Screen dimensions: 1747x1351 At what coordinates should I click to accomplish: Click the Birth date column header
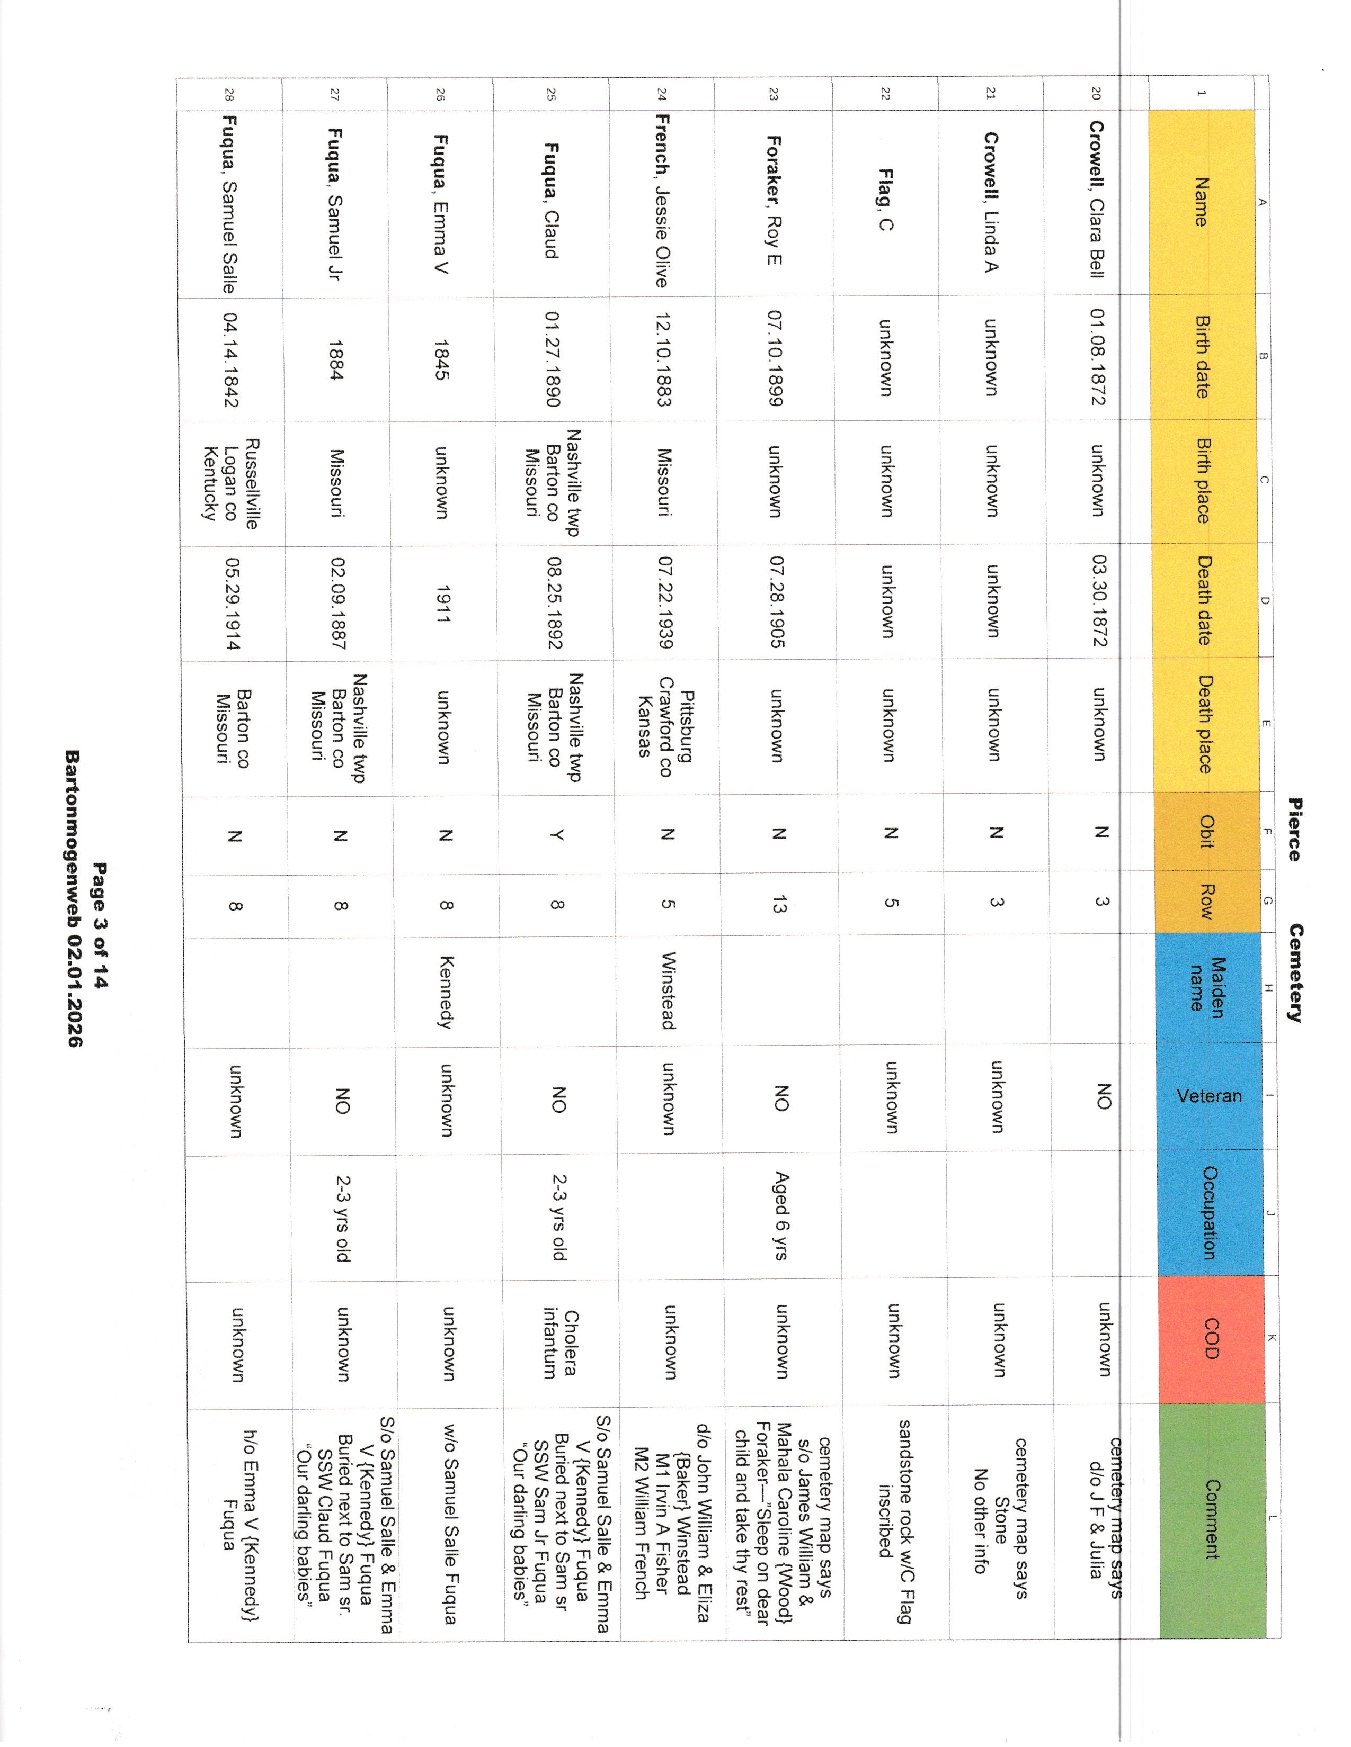point(1202,357)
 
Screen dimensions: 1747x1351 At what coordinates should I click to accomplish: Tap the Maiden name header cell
point(1207,988)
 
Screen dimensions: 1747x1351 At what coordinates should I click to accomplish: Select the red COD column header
point(1210,1339)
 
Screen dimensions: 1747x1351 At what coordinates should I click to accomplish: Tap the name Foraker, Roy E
point(774,200)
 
